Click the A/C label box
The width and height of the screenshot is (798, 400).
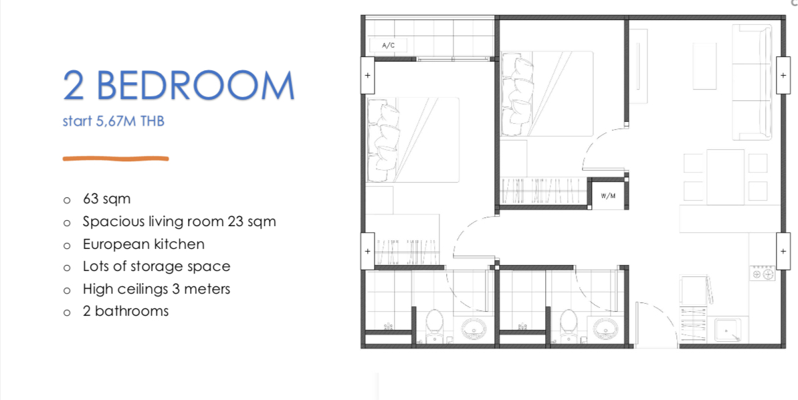pos(388,45)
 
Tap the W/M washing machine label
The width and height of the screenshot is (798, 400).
pos(607,195)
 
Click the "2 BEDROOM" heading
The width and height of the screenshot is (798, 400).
pos(179,86)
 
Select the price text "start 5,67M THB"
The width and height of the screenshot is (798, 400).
pos(114,122)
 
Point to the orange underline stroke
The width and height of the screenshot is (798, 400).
pos(116,159)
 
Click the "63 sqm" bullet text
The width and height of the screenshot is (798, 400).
pos(107,199)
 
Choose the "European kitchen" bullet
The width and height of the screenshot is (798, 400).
pos(144,244)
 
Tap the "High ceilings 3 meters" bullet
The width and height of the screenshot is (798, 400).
pos(157,289)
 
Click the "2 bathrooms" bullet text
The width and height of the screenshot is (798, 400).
pos(126,311)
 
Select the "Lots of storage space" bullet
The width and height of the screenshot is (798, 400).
pos(157,267)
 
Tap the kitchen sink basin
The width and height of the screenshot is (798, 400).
pos(728,330)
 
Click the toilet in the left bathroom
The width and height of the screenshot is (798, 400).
pos(434,326)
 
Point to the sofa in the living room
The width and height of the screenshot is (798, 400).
pos(753,82)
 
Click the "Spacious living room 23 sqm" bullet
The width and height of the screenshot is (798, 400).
pos(180,222)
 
